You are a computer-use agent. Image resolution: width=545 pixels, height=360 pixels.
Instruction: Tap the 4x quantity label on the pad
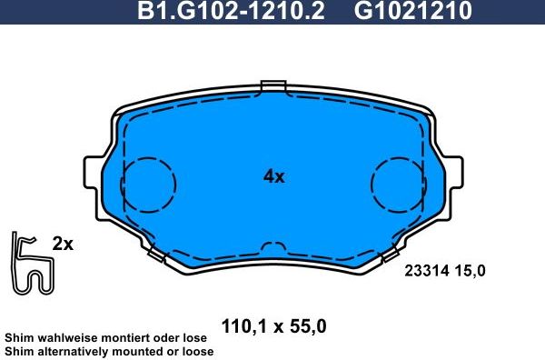point(273,176)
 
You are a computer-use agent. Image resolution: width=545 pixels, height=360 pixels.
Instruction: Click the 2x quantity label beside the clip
point(63,244)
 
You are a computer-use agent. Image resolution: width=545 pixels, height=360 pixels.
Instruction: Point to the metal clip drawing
point(31,265)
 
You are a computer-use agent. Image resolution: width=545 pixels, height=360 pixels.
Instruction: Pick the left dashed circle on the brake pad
point(147,184)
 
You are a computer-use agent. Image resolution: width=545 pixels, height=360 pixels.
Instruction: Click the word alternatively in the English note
point(72,351)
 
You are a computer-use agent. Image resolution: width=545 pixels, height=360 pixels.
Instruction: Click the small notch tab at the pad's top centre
point(273,87)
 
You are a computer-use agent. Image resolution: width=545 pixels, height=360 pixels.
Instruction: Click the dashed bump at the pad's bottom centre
point(273,247)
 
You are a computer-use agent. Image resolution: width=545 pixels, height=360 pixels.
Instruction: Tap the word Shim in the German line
point(18,336)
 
